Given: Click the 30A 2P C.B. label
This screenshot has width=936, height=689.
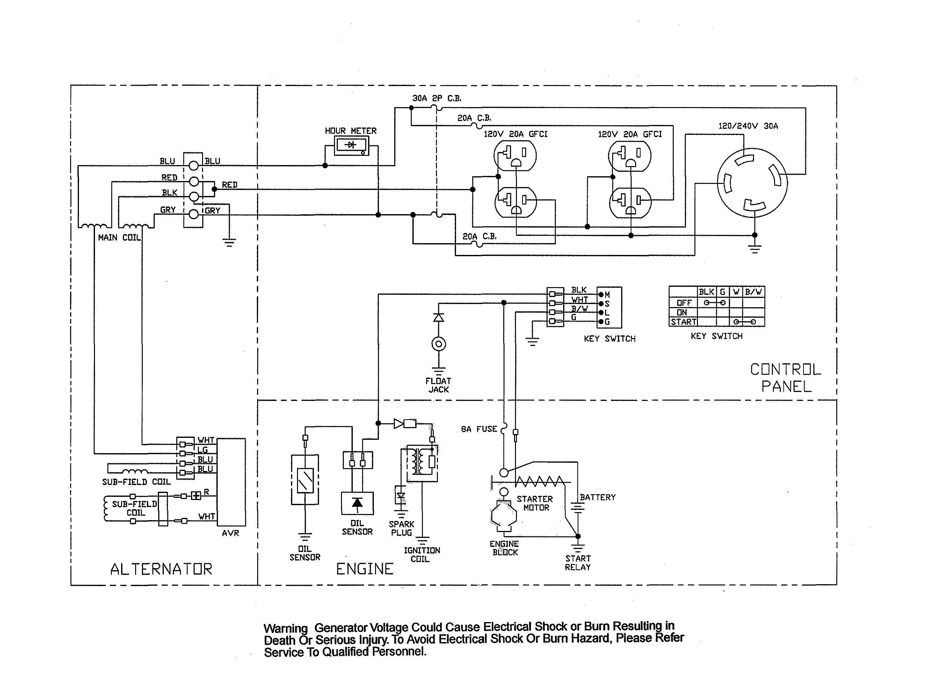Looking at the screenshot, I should [436, 98].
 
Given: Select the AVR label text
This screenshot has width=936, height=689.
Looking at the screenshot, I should [230, 533].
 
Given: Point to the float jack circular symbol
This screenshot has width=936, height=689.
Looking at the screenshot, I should [439, 344].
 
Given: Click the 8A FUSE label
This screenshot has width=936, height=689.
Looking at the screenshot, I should [479, 429].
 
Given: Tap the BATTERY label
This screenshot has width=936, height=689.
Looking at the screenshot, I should [597, 497].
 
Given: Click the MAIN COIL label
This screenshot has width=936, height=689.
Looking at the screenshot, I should [119, 237].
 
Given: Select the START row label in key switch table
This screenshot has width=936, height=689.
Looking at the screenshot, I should [683, 322].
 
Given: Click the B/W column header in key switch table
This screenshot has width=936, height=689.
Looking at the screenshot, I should [753, 292].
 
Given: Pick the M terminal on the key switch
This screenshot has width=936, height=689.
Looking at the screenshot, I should [601, 294].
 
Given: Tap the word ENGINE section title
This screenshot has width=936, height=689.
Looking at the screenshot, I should [365, 569].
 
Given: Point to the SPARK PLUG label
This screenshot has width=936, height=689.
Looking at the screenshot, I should [401, 528].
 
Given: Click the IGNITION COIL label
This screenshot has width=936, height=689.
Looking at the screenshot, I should [422, 555].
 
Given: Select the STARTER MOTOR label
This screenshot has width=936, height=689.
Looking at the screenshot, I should [535, 503].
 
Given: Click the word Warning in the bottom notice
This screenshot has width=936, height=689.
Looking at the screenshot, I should [285, 628].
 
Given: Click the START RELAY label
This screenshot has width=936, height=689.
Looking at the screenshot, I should [578, 562].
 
